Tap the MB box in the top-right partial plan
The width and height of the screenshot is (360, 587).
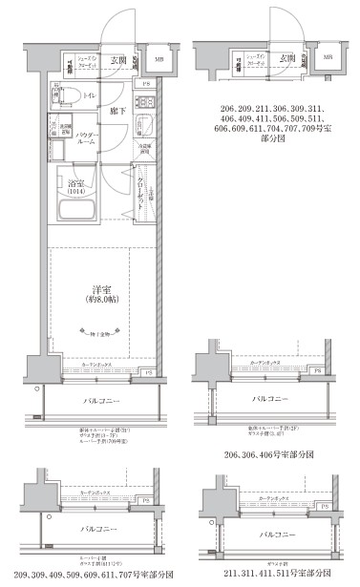pos(328,57)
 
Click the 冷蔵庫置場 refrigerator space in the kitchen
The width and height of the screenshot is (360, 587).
pos(144,149)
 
